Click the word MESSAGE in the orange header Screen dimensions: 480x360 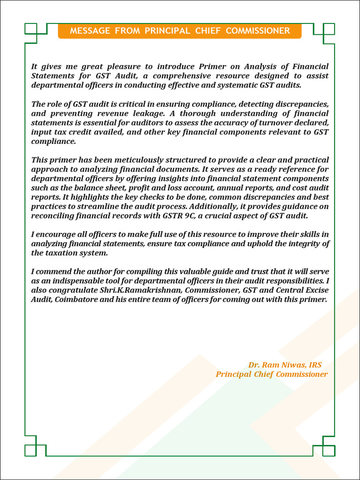[x=90, y=31]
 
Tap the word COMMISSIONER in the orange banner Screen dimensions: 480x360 [x=258, y=31]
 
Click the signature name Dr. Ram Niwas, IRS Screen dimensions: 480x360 [x=285, y=365]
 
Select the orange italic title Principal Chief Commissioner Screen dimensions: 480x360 [x=272, y=375]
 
